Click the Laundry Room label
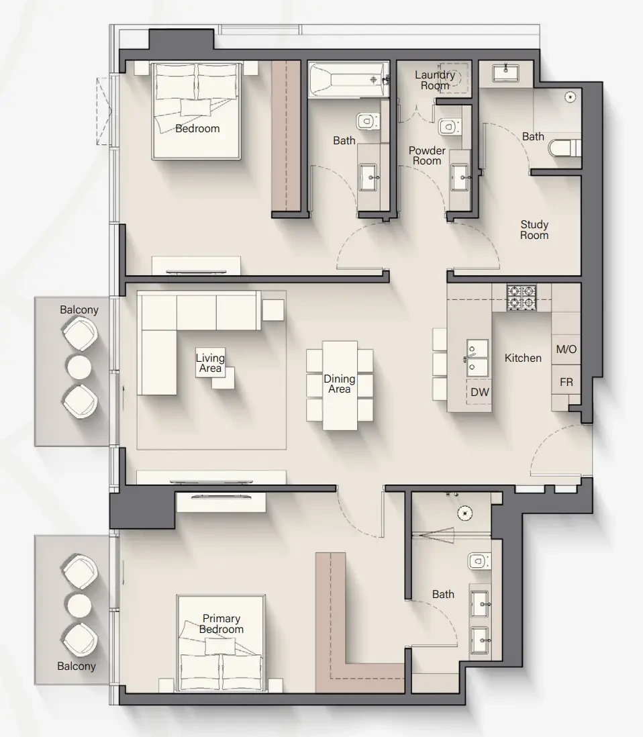pyautogui.click(x=435, y=80)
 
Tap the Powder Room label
pyautogui.click(x=427, y=156)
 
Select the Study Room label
pyautogui.click(x=534, y=230)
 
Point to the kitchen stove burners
pyautogui.click(x=522, y=297)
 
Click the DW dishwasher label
pyautogui.click(x=479, y=392)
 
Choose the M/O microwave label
pyautogui.click(x=566, y=349)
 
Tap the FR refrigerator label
pyautogui.click(x=566, y=382)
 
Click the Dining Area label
pyautogui.click(x=340, y=383)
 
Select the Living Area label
pyautogui.click(x=210, y=363)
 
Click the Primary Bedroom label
pyautogui.click(x=221, y=624)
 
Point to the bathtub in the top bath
pyautogui.click(x=349, y=80)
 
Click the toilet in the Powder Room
pyautogui.click(x=449, y=126)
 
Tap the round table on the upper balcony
pyautogui.click(x=79, y=367)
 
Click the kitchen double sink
pyautogui.click(x=477, y=358)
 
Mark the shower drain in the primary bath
pyautogui.click(x=465, y=513)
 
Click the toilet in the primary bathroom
pyautogui.click(x=479, y=560)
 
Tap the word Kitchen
pyautogui.click(x=523, y=358)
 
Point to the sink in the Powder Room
pyautogui.click(x=460, y=178)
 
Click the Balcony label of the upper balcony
pyautogui.click(x=79, y=309)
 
